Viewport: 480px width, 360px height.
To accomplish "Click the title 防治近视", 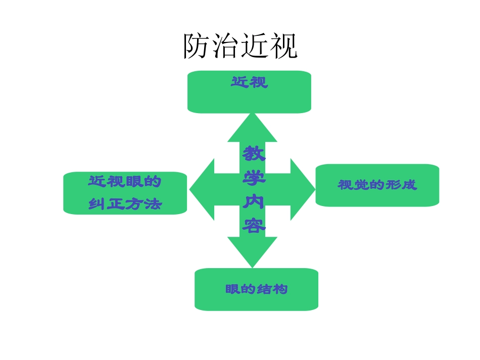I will pyautogui.click(x=240, y=46).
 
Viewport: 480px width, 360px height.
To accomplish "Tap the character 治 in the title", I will pyautogui.click(x=226, y=46).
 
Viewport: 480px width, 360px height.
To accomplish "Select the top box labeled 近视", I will pyautogui.click(x=249, y=92).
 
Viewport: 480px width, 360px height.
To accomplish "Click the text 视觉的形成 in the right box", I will pyautogui.click(x=377, y=185).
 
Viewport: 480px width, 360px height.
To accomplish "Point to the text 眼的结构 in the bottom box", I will pyautogui.click(x=257, y=289).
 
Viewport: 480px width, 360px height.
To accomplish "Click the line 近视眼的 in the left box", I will pyautogui.click(x=125, y=182).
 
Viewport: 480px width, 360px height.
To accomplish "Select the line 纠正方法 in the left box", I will pyautogui.click(x=125, y=204).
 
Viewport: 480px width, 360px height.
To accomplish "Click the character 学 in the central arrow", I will pyautogui.click(x=254, y=178).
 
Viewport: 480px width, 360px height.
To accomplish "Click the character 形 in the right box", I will pyautogui.click(x=393, y=185).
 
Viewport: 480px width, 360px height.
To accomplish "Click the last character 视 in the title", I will pyautogui.click(x=283, y=46).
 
